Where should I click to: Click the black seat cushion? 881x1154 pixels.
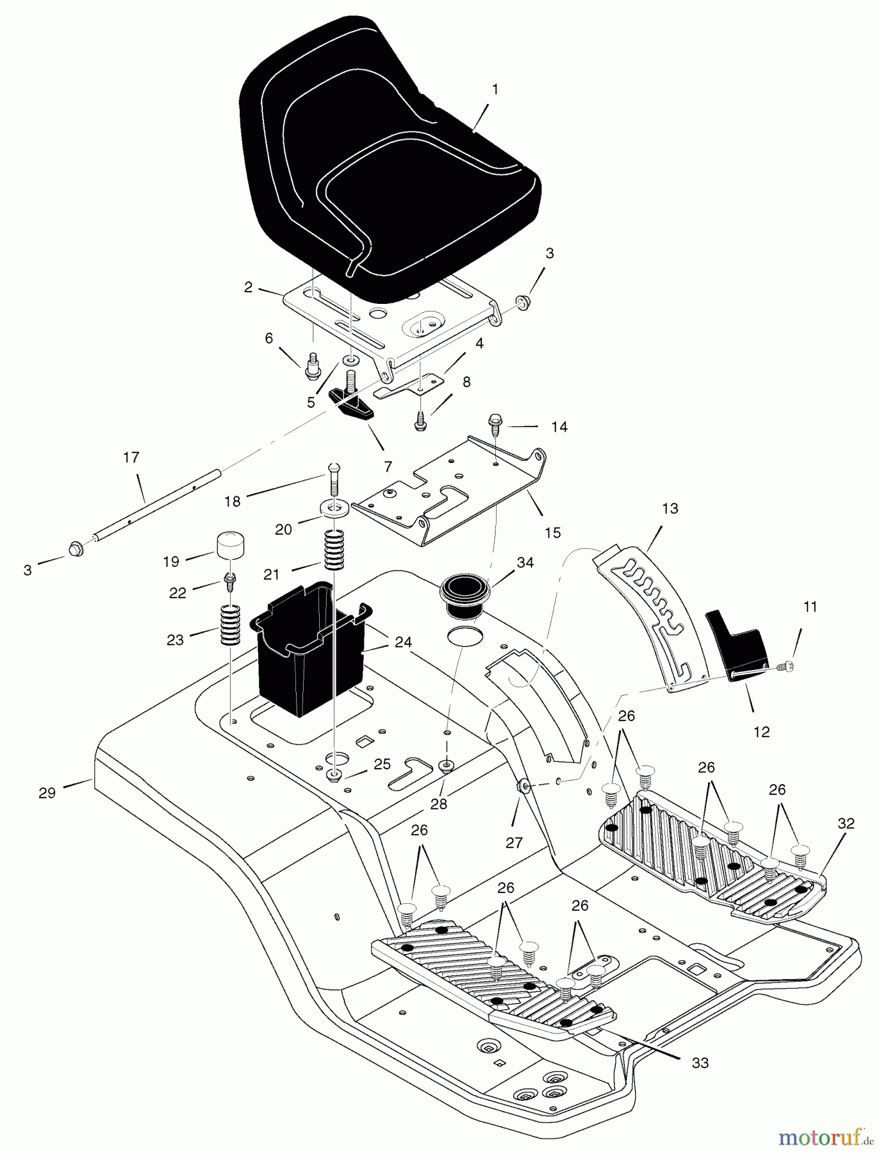tap(384, 167)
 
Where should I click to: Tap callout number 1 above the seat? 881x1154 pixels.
tap(495, 90)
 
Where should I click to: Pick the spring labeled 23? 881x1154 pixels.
tap(231, 625)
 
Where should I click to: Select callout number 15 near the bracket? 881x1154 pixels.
tap(552, 532)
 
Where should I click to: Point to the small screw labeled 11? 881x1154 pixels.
tap(786, 668)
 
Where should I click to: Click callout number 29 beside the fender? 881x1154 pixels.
tap(47, 793)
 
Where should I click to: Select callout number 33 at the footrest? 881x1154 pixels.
tap(700, 1063)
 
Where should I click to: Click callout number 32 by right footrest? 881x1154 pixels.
tap(846, 824)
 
